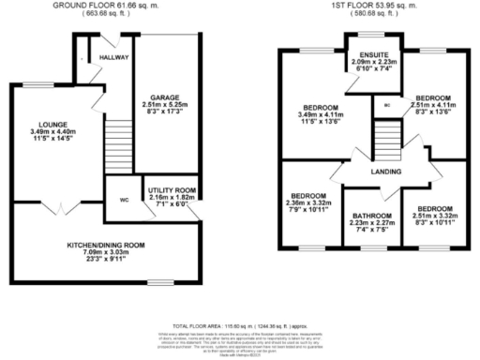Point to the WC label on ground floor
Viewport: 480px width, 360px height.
(x=124, y=200)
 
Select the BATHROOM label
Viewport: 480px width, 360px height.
(x=373, y=217)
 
